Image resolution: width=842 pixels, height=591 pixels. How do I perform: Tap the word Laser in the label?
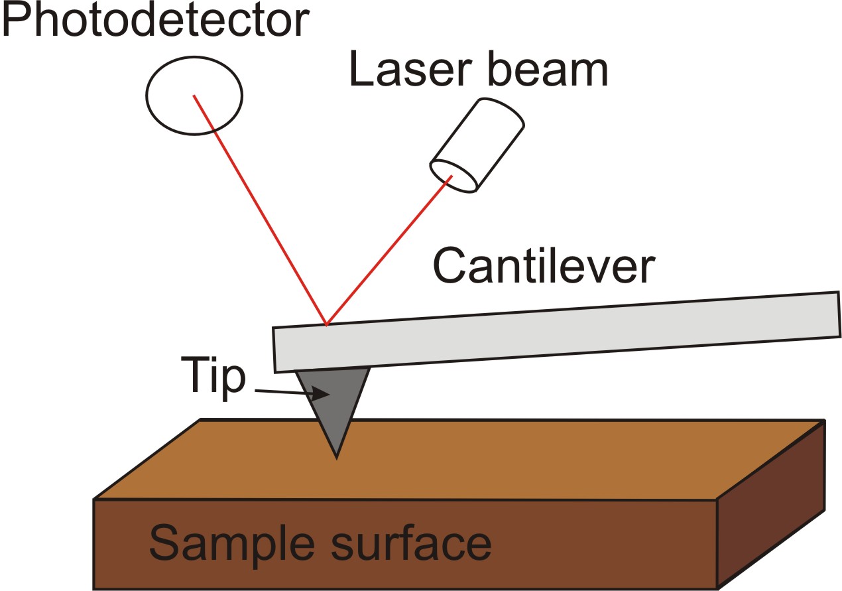pyautogui.click(x=410, y=70)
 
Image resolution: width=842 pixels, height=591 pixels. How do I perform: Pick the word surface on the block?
pyautogui.click(x=411, y=542)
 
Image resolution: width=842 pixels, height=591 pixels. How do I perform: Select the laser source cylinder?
pyautogui.click(x=477, y=146)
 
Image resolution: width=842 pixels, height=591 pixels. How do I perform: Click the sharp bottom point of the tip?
pyautogui.click(x=336, y=459)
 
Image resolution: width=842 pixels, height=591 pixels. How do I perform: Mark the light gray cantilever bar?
pyautogui.click(x=556, y=332)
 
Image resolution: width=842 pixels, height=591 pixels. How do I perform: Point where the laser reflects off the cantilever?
pyautogui.click(x=326, y=325)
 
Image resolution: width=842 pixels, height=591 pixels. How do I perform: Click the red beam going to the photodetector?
pyautogui.click(x=260, y=210)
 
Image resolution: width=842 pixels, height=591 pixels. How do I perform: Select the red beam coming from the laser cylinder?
pyautogui.click(x=389, y=250)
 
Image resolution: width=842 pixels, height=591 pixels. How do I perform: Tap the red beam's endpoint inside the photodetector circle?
pyautogui.click(x=194, y=96)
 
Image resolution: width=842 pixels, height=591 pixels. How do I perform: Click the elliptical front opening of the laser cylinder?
pyautogui.click(x=454, y=176)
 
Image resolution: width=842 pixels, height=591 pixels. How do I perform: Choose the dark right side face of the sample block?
pyautogui.click(x=771, y=505)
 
